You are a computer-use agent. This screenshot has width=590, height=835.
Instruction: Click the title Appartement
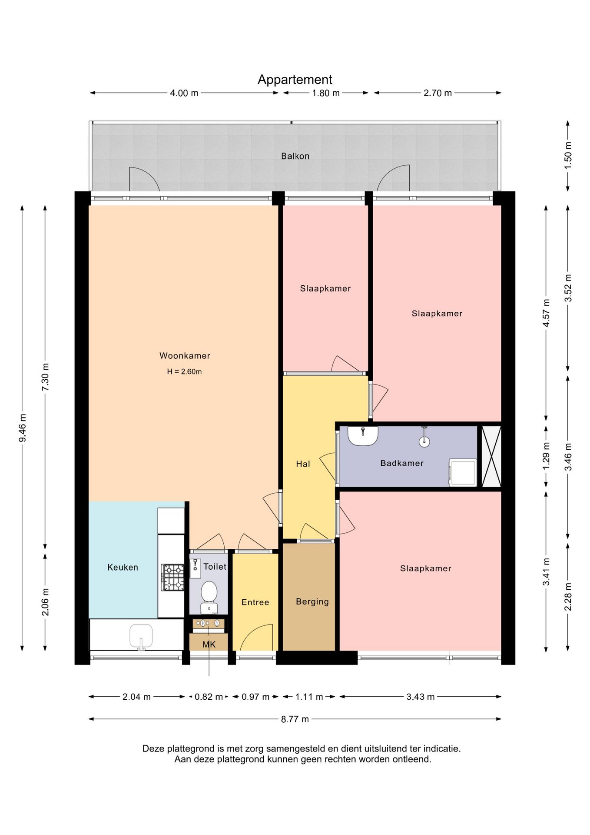tap(295, 80)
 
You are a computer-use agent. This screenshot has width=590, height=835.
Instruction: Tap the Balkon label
tap(295, 156)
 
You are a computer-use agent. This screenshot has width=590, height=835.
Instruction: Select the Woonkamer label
tap(185, 356)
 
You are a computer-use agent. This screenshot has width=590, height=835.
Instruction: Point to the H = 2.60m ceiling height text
tap(184, 371)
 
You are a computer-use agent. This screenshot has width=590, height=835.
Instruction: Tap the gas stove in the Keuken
tap(173, 577)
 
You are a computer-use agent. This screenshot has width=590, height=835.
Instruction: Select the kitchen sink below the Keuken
tap(141, 637)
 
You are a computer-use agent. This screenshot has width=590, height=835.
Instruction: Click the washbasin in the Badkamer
tap(363, 436)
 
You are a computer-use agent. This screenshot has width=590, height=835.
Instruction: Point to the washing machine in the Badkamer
tap(463, 472)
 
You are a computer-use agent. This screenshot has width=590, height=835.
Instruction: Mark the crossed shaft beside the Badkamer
tap(491, 456)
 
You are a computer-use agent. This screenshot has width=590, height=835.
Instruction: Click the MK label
tap(209, 644)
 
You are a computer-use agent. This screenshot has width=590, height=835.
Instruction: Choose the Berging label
tap(312, 601)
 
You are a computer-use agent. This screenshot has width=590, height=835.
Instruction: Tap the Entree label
tap(255, 602)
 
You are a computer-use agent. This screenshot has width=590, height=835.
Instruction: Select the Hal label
tap(303, 464)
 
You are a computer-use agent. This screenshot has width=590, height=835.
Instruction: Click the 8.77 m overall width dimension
tap(295, 719)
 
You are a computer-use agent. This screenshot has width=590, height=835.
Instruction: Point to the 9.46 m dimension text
tap(23, 428)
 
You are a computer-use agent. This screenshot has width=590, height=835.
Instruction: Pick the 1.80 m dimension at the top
tap(326, 93)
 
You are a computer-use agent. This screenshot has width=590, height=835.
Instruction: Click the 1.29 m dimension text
tap(546, 456)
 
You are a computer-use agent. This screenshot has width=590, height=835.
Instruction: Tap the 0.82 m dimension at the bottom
tap(209, 697)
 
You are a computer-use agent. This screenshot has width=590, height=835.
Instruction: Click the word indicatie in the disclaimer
tap(443, 748)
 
